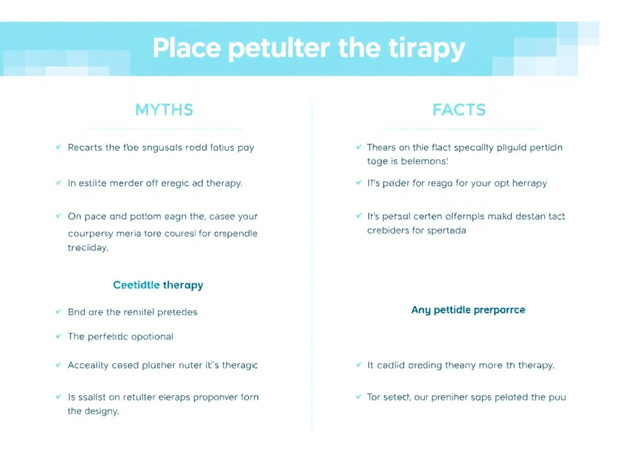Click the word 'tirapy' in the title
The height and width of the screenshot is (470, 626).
428,48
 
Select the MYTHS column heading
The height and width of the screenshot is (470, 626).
164,110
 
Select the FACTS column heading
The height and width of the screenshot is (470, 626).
458,110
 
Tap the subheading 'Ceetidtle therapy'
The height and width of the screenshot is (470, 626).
158,285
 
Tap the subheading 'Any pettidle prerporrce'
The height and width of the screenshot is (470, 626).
468,310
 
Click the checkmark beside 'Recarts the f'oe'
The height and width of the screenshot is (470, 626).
58,147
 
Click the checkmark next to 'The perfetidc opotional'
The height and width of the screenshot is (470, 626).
58,337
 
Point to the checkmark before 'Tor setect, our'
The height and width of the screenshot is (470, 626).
358,397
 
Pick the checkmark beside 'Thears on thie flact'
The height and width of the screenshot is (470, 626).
358,147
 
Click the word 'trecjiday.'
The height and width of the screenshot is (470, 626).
87,248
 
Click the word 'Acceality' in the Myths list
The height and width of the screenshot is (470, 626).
89,365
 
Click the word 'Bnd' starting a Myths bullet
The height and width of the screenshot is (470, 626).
76,312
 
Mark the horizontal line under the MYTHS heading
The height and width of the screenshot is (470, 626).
164,129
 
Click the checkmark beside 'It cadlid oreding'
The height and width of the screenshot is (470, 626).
358,365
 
